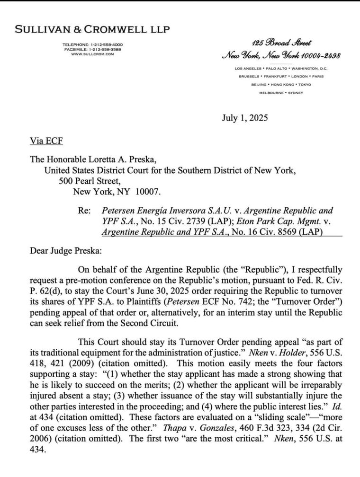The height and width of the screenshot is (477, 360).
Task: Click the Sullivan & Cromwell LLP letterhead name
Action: pyautogui.click(x=92, y=29)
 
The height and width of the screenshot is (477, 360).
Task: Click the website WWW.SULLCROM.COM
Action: pyautogui.click(x=92, y=54)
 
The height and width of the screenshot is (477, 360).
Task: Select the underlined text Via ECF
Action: pyautogui.click(x=46, y=141)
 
